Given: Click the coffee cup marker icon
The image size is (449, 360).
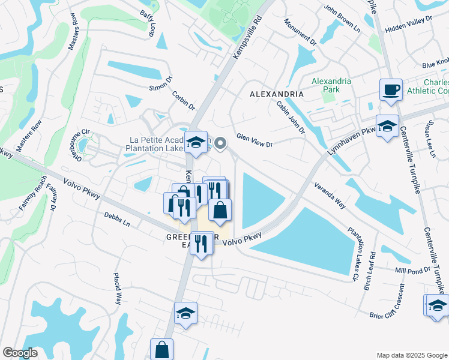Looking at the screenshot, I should (391, 89).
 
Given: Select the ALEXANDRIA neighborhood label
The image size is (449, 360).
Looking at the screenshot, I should (276, 95).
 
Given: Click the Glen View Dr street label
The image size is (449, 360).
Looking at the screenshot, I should (255, 140).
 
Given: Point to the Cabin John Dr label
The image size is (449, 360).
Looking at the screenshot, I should (291, 118).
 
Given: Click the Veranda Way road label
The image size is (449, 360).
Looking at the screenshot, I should (328, 196).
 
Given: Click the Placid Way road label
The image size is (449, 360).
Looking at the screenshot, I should (118, 287).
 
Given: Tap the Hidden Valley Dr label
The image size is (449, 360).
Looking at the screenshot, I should (409, 23).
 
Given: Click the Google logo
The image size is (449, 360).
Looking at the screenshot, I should (20, 353).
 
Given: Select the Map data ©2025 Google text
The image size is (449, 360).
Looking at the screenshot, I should (411, 355).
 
